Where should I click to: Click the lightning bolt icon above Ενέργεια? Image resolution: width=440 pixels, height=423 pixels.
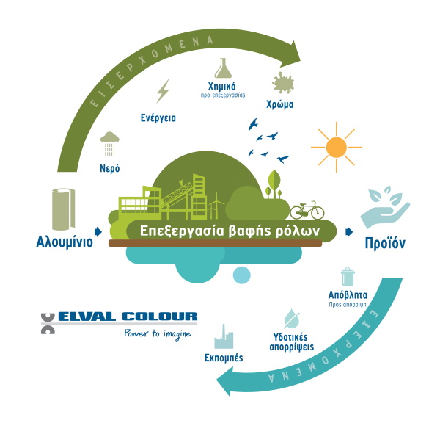pyautogui.click(x=163, y=91)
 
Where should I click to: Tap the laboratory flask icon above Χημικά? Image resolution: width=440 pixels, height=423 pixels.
pyautogui.click(x=223, y=68)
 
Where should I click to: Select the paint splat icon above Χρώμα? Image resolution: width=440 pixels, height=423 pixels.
pyautogui.click(x=282, y=83)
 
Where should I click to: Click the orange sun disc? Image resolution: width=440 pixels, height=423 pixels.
pyautogui.click(x=336, y=148)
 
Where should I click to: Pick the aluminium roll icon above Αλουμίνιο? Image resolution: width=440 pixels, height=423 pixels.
pyautogui.click(x=63, y=209)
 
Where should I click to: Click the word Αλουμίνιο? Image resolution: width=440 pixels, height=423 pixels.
pyautogui.click(x=65, y=242)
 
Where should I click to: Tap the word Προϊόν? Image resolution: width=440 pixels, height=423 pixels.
pyautogui.click(x=385, y=243)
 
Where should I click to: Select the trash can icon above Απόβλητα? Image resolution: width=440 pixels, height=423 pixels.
pyautogui.click(x=348, y=277)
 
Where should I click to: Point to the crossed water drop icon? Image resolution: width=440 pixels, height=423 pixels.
pyautogui.click(x=292, y=319)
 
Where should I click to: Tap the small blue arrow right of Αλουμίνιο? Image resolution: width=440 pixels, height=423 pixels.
pyautogui.click(x=98, y=232)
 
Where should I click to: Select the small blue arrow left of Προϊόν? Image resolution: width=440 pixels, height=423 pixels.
pyautogui.click(x=349, y=232)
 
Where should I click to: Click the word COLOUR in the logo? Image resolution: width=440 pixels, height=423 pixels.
pyautogui.click(x=160, y=317)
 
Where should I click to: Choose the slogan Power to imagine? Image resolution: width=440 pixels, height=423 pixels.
pyautogui.click(x=158, y=334)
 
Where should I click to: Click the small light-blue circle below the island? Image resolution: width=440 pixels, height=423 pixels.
pyautogui.click(x=241, y=275)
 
